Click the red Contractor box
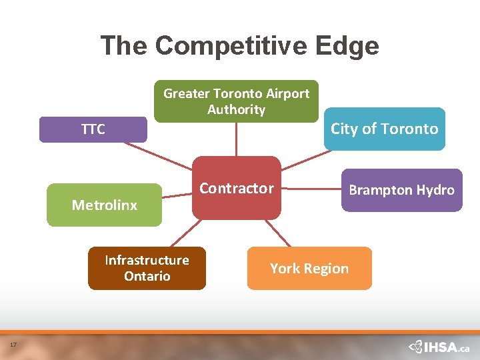coord(237,188)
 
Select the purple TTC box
coord(93,129)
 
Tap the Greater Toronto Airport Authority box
coord(236,101)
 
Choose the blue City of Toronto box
coord(384,129)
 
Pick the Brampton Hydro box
coord(401,190)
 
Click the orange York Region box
coord(309,268)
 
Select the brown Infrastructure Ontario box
coord(147,268)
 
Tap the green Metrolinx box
coord(105,205)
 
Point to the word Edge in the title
coord(349,45)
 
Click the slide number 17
coord(13,344)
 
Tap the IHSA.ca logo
coord(439,347)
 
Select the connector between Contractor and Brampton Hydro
coord(311,189)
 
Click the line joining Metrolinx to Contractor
coord(177,195)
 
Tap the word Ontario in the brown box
coord(147,276)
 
